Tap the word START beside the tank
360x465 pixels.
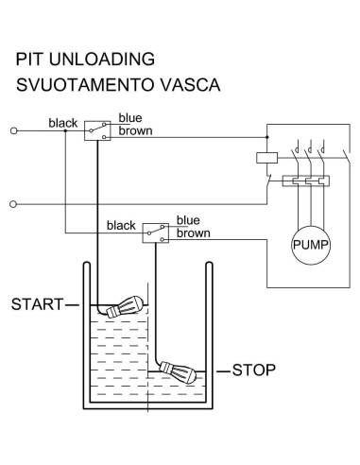[38, 304]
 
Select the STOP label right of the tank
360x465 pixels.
[254, 370]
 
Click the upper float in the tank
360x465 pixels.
[125, 306]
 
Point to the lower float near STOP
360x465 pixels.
[178, 372]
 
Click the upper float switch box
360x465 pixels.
[97, 130]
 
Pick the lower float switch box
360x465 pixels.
[156, 233]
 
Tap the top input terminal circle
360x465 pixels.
[13, 130]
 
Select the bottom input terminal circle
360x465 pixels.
[13, 204]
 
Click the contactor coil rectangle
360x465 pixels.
[266, 158]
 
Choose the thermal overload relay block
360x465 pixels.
[306, 181]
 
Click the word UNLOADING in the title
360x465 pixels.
[102, 60]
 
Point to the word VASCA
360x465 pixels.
[190, 85]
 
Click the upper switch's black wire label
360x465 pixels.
[63, 123]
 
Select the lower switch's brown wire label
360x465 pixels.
[194, 233]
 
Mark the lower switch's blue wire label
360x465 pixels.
[188, 220]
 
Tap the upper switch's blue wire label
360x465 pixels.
[130, 118]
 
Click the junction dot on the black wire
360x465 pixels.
[65, 130]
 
